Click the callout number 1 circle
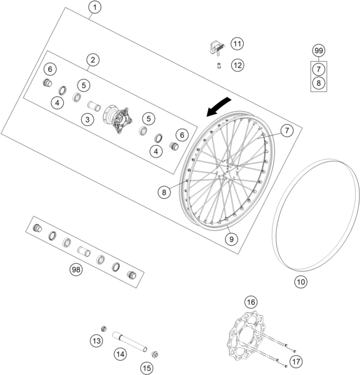[94, 7]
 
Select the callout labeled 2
[92, 60]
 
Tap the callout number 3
[89, 118]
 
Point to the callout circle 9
[232, 238]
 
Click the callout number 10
[301, 282]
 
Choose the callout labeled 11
[237, 44]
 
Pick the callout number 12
[237, 64]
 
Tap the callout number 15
[146, 368]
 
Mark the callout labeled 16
[250, 302]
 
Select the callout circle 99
[319, 50]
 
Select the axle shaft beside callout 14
[129, 341]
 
